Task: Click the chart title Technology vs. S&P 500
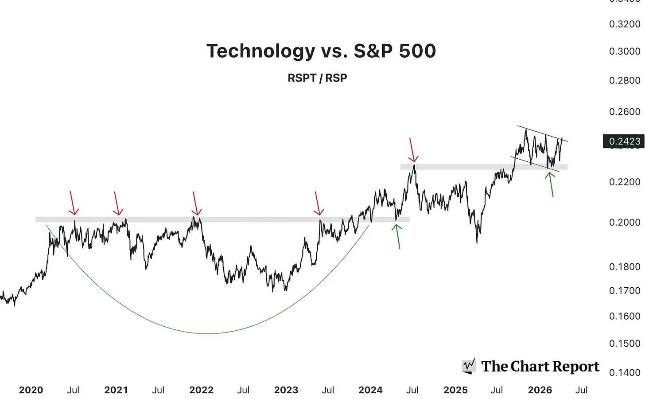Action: (x=321, y=51)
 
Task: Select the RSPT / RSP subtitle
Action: (x=317, y=78)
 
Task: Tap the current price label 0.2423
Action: (x=624, y=141)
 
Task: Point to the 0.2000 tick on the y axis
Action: (x=625, y=222)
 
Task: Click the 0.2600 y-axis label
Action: (x=625, y=112)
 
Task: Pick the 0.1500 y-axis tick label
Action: (x=625, y=344)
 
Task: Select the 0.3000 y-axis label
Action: (x=625, y=51)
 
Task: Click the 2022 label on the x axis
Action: (x=201, y=390)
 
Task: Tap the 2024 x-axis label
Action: (x=370, y=390)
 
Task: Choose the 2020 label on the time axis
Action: (x=31, y=390)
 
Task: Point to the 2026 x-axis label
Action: (x=540, y=390)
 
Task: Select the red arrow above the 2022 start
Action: (x=195, y=204)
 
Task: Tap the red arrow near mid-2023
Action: (x=318, y=204)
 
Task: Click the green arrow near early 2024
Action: (x=398, y=236)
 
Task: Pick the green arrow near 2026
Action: (x=551, y=184)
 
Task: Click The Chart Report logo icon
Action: (x=469, y=366)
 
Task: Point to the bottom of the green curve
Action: (x=208, y=333)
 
